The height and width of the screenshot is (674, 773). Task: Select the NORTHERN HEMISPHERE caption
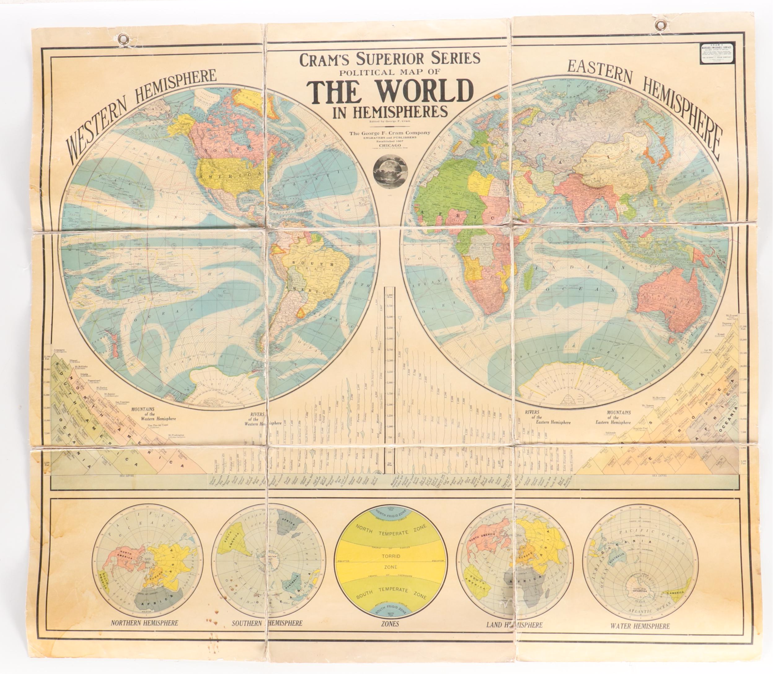click(144, 623)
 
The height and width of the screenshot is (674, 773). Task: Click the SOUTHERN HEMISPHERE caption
click(267, 623)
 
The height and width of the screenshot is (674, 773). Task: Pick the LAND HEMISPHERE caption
click(514, 625)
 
